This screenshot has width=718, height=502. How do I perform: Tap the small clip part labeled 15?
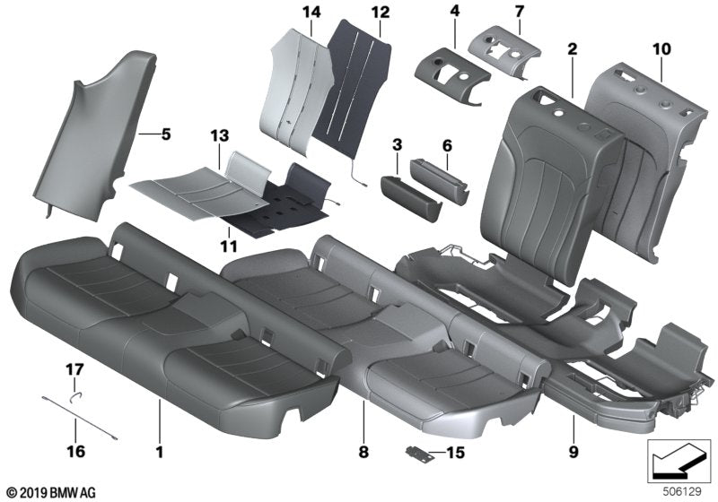point(417,454)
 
